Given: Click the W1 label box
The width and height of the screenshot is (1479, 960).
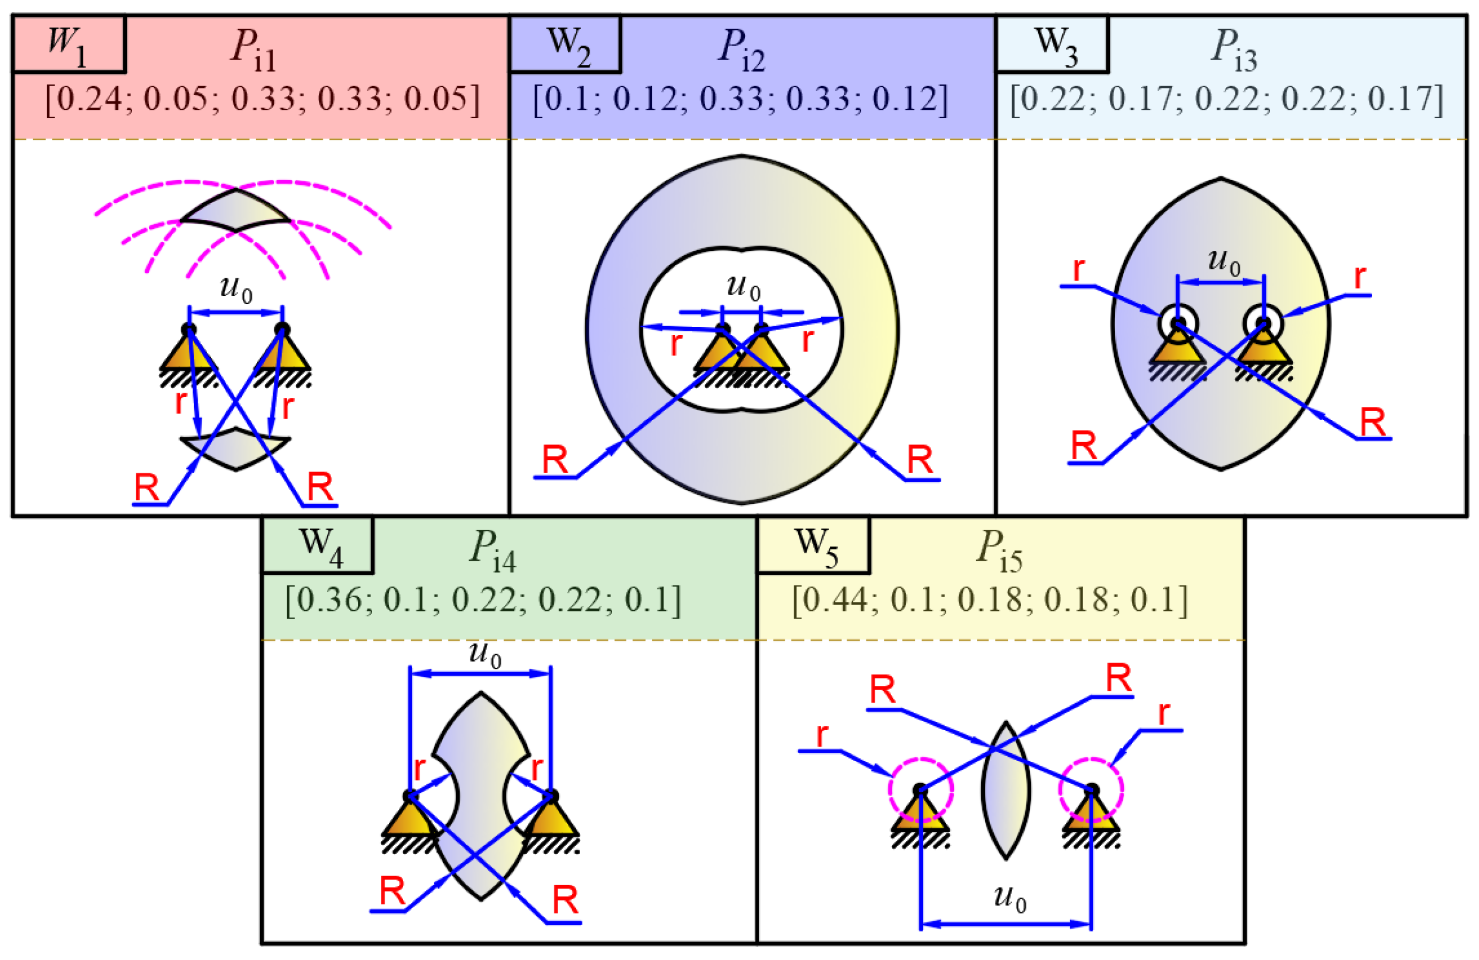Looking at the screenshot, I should pos(68,44).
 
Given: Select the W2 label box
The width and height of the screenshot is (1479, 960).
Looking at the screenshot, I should pos(565,44).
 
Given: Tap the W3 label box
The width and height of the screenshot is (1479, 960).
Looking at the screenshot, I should pos(1052,44).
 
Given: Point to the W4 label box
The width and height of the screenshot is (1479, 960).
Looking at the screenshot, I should pos(317,545).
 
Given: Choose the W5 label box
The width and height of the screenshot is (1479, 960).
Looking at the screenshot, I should pos(813,545).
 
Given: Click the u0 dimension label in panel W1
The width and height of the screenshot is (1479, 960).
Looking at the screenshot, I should pos(236,288).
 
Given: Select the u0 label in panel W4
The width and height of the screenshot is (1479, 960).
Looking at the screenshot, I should pos(485,654).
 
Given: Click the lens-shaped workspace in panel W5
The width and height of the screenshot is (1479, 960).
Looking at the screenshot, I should pos(1006,790).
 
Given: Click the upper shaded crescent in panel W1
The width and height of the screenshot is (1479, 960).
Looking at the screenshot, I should pos(236,212).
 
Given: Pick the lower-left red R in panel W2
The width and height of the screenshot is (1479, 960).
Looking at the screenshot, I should pos(554,460).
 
